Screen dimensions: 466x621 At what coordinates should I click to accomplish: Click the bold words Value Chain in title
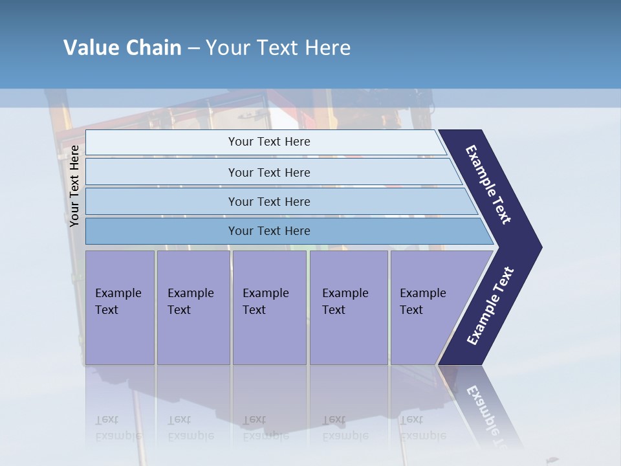(x=122, y=48)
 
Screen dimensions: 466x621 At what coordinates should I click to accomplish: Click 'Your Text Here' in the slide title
(x=278, y=48)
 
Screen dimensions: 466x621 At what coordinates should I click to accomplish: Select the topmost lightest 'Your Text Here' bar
(x=268, y=142)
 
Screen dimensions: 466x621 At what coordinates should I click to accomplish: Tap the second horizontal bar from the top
(x=268, y=172)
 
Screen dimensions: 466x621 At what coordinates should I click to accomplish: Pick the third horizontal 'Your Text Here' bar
(x=268, y=201)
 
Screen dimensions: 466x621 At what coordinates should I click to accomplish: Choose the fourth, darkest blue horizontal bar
(x=268, y=231)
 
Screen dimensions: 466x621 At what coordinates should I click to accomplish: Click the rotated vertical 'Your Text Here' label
(x=74, y=186)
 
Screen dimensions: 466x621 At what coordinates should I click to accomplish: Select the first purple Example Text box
(x=120, y=307)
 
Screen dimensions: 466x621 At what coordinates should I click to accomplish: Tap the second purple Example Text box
(x=193, y=307)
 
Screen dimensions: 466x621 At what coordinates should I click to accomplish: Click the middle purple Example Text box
(x=268, y=307)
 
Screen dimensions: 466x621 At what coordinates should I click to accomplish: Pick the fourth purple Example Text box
(x=348, y=307)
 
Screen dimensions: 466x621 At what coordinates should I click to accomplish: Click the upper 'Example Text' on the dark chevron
(x=488, y=184)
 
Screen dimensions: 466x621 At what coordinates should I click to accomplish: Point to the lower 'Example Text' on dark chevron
(x=490, y=306)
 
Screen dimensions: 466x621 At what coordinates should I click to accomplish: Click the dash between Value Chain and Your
(x=193, y=49)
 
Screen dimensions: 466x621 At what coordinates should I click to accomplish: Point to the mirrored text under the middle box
(x=265, y=428)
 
